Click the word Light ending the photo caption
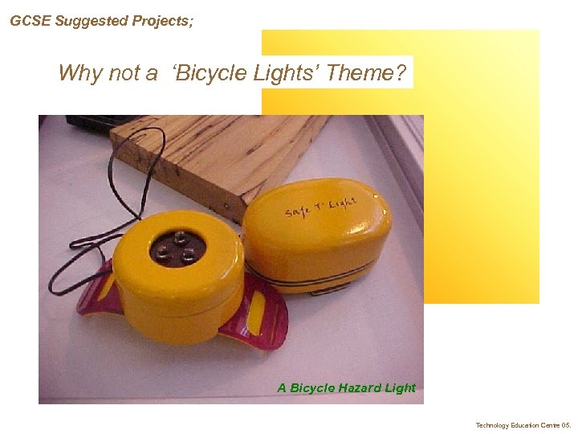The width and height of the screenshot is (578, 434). (x=401, y=388)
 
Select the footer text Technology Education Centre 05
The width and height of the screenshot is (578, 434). (x=523, y=425)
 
